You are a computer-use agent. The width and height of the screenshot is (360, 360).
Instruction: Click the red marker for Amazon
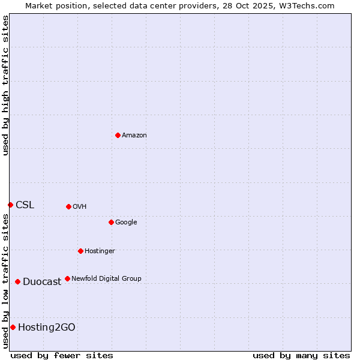tap(118, 135)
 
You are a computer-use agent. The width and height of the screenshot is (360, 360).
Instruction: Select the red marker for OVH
tap(68, 206)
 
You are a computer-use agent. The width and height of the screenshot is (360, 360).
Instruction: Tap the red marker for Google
tap(111, 222)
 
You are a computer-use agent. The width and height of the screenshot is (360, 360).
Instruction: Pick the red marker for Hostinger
tap(80, 251)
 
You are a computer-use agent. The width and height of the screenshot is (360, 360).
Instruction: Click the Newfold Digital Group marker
tap(67, 278)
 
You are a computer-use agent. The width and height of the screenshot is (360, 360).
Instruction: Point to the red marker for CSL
tap(10, 205)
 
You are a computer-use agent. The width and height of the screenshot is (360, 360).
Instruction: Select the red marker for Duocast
tap(17, 281)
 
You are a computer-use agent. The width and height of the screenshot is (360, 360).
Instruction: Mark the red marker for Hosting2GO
tap(13, 327)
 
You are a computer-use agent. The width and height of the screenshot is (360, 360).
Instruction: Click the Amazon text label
tap(134, 135)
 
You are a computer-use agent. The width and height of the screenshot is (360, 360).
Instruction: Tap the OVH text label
tap(80, 206)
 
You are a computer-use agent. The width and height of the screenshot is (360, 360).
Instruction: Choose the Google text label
tap(126, 222)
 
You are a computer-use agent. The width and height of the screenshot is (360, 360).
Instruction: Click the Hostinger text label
tap(100, 251)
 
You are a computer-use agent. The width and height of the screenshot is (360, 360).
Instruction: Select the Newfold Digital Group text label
tap(106, 278)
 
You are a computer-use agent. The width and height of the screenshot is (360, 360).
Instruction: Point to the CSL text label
tap(25, 205)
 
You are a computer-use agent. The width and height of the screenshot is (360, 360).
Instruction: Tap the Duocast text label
tap(42, 281)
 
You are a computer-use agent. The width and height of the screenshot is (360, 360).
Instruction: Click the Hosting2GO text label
tap(47, 327)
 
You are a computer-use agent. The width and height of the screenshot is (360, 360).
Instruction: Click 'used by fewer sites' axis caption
tap(62, 355)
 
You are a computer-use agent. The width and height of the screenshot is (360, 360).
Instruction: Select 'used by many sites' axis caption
tap(301, 355)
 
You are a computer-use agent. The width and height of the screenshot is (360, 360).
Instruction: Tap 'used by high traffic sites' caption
tap(5, 85)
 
